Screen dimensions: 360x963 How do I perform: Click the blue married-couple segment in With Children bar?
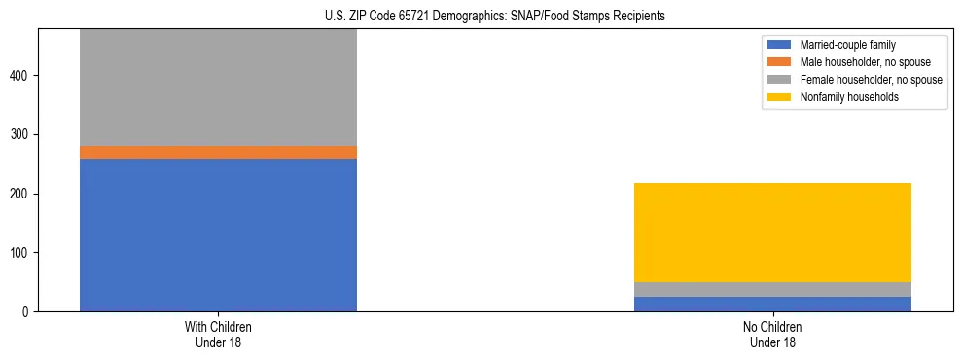coord(218,234)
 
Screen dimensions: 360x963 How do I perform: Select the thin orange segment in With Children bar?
coord(218,152)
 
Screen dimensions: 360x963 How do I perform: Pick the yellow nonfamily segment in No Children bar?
coord(772,232)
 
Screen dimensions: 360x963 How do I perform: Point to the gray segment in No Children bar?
coord(772,289)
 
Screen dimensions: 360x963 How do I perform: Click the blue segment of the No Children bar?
coord(772,304)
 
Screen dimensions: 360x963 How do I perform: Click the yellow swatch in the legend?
coord(779,97)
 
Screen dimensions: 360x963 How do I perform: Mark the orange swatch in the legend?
coord(779,62)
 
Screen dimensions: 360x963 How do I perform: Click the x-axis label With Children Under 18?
coord(218,335)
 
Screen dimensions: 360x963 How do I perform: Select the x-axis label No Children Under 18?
coord(772,335)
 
